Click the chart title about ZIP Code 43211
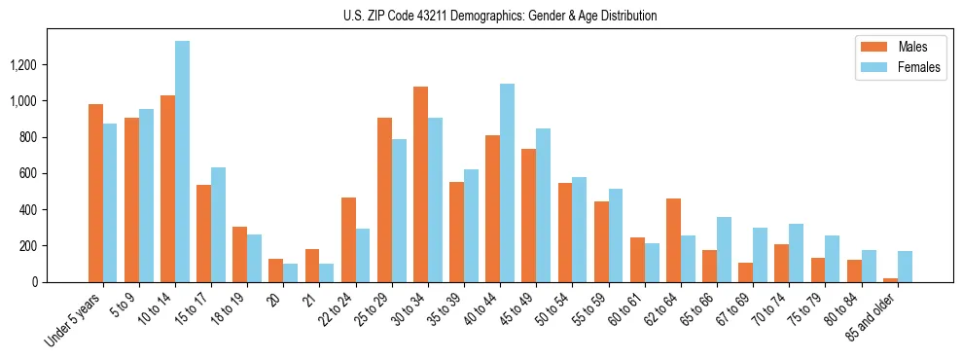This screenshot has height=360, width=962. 500,16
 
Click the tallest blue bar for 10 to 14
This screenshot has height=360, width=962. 183,162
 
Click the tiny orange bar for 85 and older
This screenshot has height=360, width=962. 890,280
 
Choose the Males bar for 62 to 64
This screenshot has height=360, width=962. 673,240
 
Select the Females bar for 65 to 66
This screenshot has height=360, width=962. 724,249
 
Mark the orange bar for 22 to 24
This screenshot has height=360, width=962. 348,239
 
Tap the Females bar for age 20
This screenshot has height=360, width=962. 291,272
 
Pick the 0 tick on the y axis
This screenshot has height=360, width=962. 60,282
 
